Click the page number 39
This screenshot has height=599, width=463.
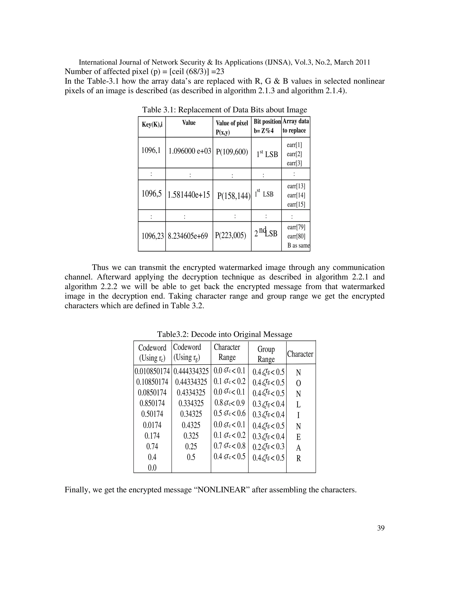tap(381, 528)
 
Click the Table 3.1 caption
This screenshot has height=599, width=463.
tap(224, 110)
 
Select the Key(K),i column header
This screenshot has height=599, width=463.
tap(152, 125)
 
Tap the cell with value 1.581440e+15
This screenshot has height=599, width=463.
tap(189, 195)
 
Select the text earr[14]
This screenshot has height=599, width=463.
tap(296, 196)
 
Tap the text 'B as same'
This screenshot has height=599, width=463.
tap(298, 245)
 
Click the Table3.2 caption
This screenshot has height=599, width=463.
tap(224, 334)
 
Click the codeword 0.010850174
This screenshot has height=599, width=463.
tap(152, 372)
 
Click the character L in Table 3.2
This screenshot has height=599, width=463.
tap(298, 405)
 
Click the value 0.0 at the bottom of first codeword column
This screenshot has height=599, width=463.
tap(152, 468)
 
